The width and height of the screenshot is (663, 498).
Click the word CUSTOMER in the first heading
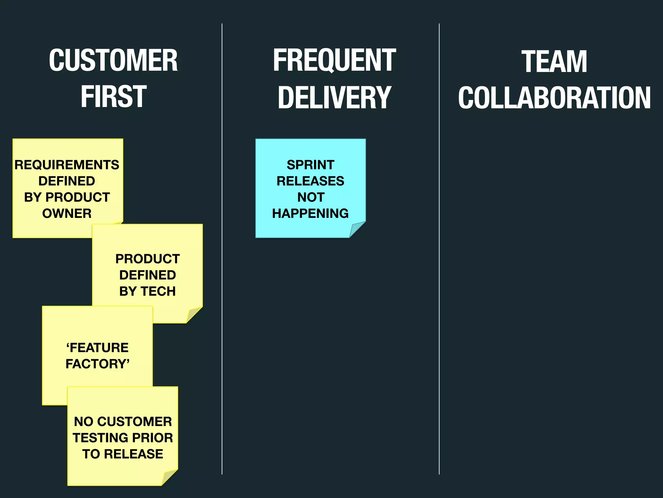click(x=113, y=61)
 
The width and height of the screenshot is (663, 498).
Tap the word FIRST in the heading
click(x=113, y=96)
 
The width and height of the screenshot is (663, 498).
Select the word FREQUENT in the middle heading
click(x=334, y=61)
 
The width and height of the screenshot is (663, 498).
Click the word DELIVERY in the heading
click(x=334, y=97)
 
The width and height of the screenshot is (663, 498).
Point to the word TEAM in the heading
click(x=554, y=62)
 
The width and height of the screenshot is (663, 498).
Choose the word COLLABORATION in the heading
click(x=554, y=98)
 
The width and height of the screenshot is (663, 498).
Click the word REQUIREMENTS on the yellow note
click(x=67, y=165)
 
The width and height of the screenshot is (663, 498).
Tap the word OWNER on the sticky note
click(x=67, y=214)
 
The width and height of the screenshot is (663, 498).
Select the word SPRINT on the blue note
click(x=310, y=165)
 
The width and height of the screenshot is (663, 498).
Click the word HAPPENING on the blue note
click(x=310, y=214)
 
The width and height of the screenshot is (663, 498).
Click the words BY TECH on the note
click(x=147, y=291)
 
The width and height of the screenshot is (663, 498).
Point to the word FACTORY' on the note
click(x=97, y=364)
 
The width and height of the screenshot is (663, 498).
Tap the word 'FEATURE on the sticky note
click(x=97, y=348)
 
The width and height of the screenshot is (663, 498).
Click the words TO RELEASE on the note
click(x=123, y=454)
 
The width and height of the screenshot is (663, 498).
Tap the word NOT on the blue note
click(x=311, y=197)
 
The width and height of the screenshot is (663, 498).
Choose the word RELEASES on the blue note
click(x=310, y=181)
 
